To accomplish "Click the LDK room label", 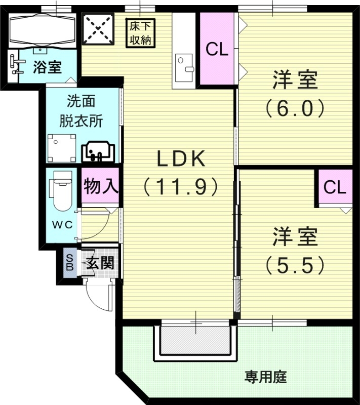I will (x=180, y=159).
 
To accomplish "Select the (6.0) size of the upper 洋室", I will (x=295, y=108).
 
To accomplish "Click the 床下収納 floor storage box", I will (x=140, y=32).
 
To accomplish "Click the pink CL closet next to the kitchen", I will (x=217, y=49).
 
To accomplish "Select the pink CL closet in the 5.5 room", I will (x=335, y=188).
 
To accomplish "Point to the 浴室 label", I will (x=48, y=67).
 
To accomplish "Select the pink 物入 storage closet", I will (x=101, y=187).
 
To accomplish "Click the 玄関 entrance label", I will (x=99, y=263).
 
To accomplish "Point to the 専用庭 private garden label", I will (x=266, y=377).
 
